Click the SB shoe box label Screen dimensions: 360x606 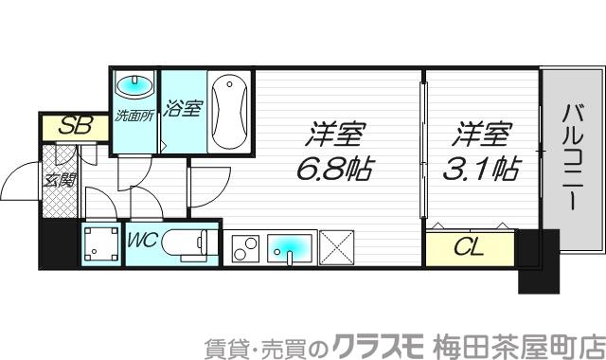[x=66, y=125]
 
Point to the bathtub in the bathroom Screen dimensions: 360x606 [x=228, y=112]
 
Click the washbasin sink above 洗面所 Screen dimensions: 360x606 [x=133, y=86]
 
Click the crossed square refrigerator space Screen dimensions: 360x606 [x=334, y=248]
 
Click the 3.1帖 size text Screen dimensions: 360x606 [x=481, y=171]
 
